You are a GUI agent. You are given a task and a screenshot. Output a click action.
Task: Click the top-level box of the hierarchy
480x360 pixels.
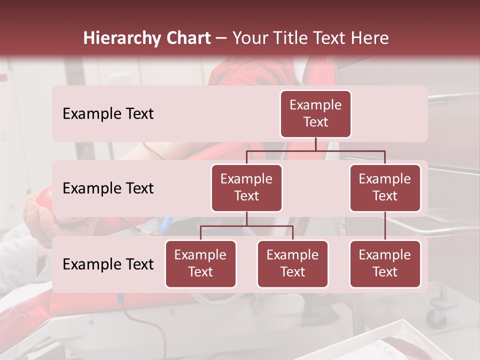(x=315, y=113)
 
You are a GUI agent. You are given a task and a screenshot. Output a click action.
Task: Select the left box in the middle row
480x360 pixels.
(x=246, y=187)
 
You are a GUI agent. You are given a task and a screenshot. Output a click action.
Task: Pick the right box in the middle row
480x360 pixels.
(x=385, y=187)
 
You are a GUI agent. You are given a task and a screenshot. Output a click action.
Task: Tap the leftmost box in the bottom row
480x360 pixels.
(x=200, y=263)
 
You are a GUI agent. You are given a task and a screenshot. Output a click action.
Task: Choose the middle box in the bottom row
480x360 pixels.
(x=292, y=263)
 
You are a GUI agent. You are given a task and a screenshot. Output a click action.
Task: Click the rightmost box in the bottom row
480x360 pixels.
(x=385, y=263)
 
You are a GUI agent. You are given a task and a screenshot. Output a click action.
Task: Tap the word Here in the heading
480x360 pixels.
(x=370, y=38)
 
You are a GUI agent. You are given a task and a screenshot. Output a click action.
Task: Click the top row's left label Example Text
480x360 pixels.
(x=108, y=113)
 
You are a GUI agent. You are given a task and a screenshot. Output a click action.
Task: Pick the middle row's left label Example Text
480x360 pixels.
(x=108, y=188)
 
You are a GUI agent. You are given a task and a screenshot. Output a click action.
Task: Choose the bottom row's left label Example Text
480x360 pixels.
(x=108, y=264)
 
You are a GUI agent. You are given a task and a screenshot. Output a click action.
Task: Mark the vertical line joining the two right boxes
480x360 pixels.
(x=385, y=225)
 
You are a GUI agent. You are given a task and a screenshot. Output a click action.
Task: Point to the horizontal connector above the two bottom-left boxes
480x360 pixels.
(x=246, y=226)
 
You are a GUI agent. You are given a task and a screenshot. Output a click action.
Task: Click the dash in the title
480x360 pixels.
(x=221, y=38)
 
